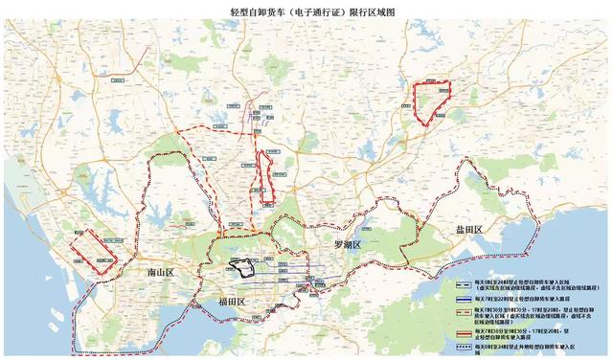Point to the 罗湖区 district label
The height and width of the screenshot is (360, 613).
346,245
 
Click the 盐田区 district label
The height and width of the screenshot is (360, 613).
469,230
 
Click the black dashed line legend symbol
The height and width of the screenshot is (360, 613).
465,283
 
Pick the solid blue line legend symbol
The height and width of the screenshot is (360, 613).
465,297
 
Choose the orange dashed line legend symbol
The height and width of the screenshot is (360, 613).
465,312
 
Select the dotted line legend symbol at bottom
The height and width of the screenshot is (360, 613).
465,345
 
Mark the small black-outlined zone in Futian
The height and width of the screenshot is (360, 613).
241,266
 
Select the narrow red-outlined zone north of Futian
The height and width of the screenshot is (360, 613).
263,178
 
